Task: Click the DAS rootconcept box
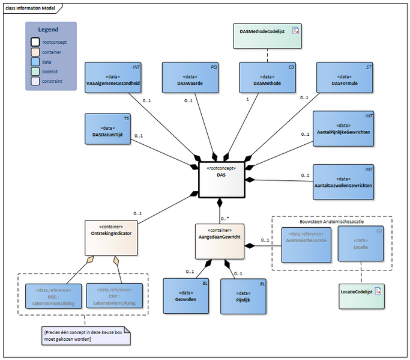point(221,179)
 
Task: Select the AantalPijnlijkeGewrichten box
point(343,127)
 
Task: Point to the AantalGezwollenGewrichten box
point(343,182)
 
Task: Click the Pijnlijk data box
point(243,296)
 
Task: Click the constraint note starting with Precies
point(86,335)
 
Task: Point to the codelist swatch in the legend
point(35,71)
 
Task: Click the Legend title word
point(48,29)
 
